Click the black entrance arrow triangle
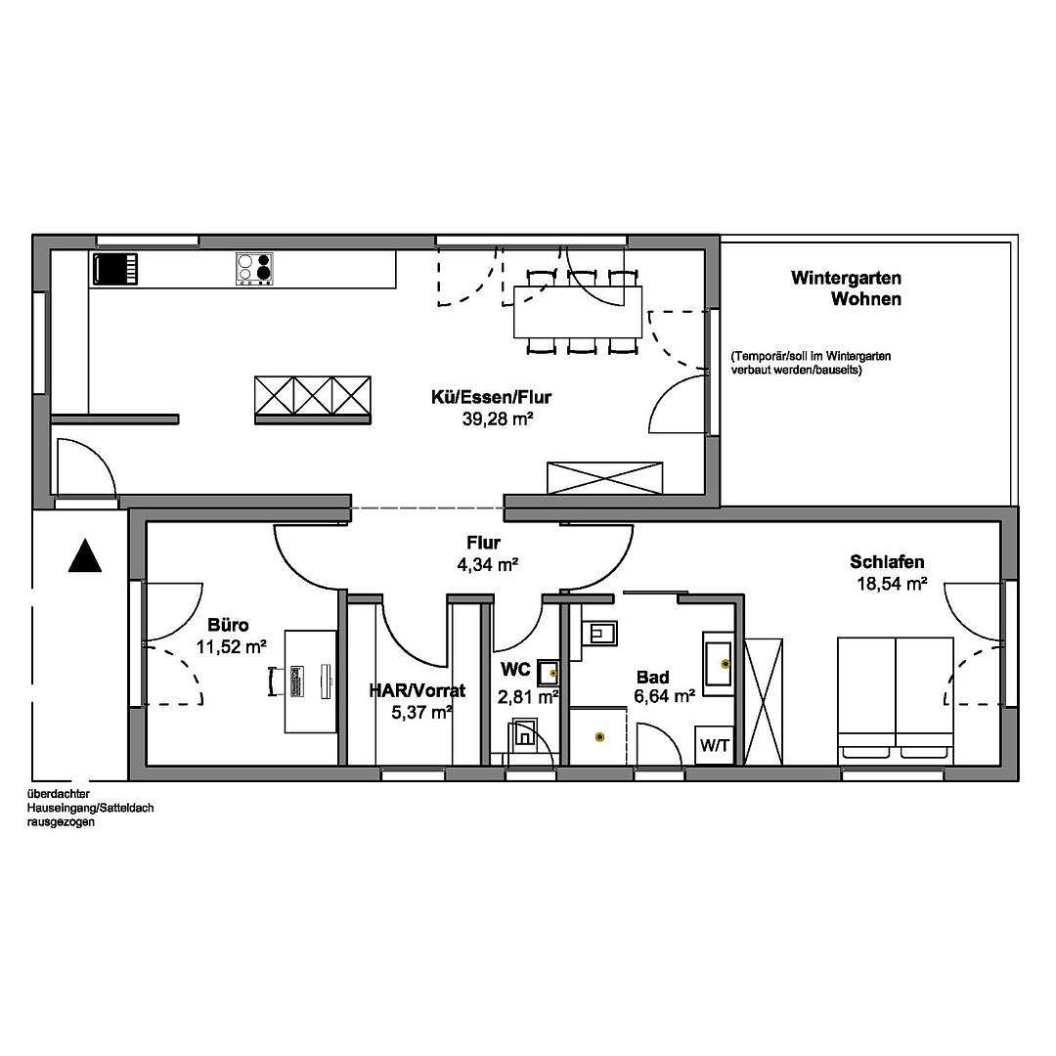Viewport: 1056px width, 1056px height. pos(85,556)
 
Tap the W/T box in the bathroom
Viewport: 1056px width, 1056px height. pos(715,745)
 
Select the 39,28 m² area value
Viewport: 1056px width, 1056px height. pos(498,419)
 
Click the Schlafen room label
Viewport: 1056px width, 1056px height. pos(887,561)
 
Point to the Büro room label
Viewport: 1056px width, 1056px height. pos(228,625)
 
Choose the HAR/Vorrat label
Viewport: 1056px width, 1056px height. pos(417,690)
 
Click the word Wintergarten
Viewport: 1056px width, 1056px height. pos(846,278)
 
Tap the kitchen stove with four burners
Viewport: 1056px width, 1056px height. pos(255,269)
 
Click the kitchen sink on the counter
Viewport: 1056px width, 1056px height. pos(115,270)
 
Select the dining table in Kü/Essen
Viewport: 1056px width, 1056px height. pos(578,312)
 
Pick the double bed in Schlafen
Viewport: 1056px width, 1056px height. pos(896,701)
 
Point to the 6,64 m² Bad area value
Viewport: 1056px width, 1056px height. pos(665,696)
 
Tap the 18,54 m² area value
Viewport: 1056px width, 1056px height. pos(892,584)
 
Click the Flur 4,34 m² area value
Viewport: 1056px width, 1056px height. pos(488,564)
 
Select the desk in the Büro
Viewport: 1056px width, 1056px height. pos(311,681)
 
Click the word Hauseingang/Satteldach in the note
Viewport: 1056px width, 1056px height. pos(90,809)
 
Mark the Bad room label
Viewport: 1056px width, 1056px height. pos(652,677)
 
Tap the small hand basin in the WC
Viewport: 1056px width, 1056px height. pos(549,672)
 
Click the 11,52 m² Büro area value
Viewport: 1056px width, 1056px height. pos(232,647)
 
